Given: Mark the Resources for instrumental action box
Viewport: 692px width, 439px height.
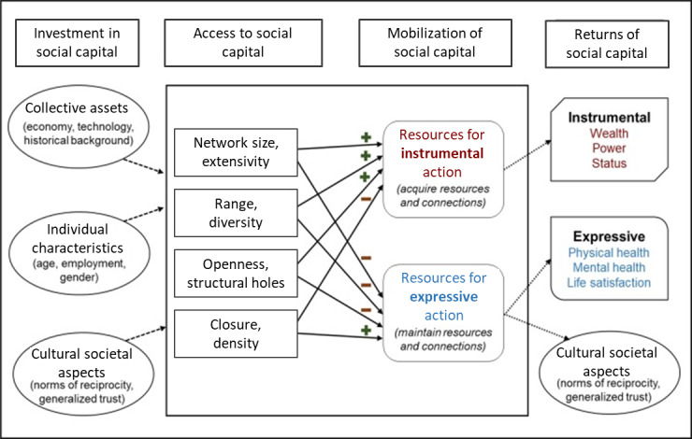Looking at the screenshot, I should click(x=442, y=168).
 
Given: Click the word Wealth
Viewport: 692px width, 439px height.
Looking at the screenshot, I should click(x=609, y=135).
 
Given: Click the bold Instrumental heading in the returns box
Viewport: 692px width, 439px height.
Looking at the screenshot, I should click(x=609, y=118).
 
